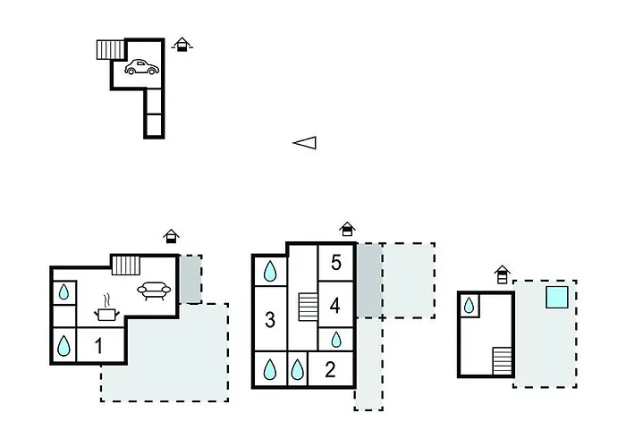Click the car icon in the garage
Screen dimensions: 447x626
tap(141, 67)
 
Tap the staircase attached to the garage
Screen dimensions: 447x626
tap(109, 49)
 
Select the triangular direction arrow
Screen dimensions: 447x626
tap(305, 142)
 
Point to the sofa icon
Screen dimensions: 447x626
tap(156, 291)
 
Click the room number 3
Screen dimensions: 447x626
tap(269, 320)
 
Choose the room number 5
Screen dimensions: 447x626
tap(336, 263)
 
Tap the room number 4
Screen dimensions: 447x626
tap(335, 305)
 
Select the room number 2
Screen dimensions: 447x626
tap(330, 369)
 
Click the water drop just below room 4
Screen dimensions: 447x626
tap(336, 339)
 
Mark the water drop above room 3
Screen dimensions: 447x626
tap(270, 270)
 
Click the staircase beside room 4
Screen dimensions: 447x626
tap(308, 307)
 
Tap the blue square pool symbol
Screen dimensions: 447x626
tap(556, 297)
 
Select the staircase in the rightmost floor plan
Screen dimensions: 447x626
tap(503, 361)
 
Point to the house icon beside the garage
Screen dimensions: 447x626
tap(182, 44)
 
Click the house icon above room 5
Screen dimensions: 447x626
tap(347, 230)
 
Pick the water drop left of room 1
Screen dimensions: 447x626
tap(64, 344)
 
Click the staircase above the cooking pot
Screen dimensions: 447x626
tap(127, 265)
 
